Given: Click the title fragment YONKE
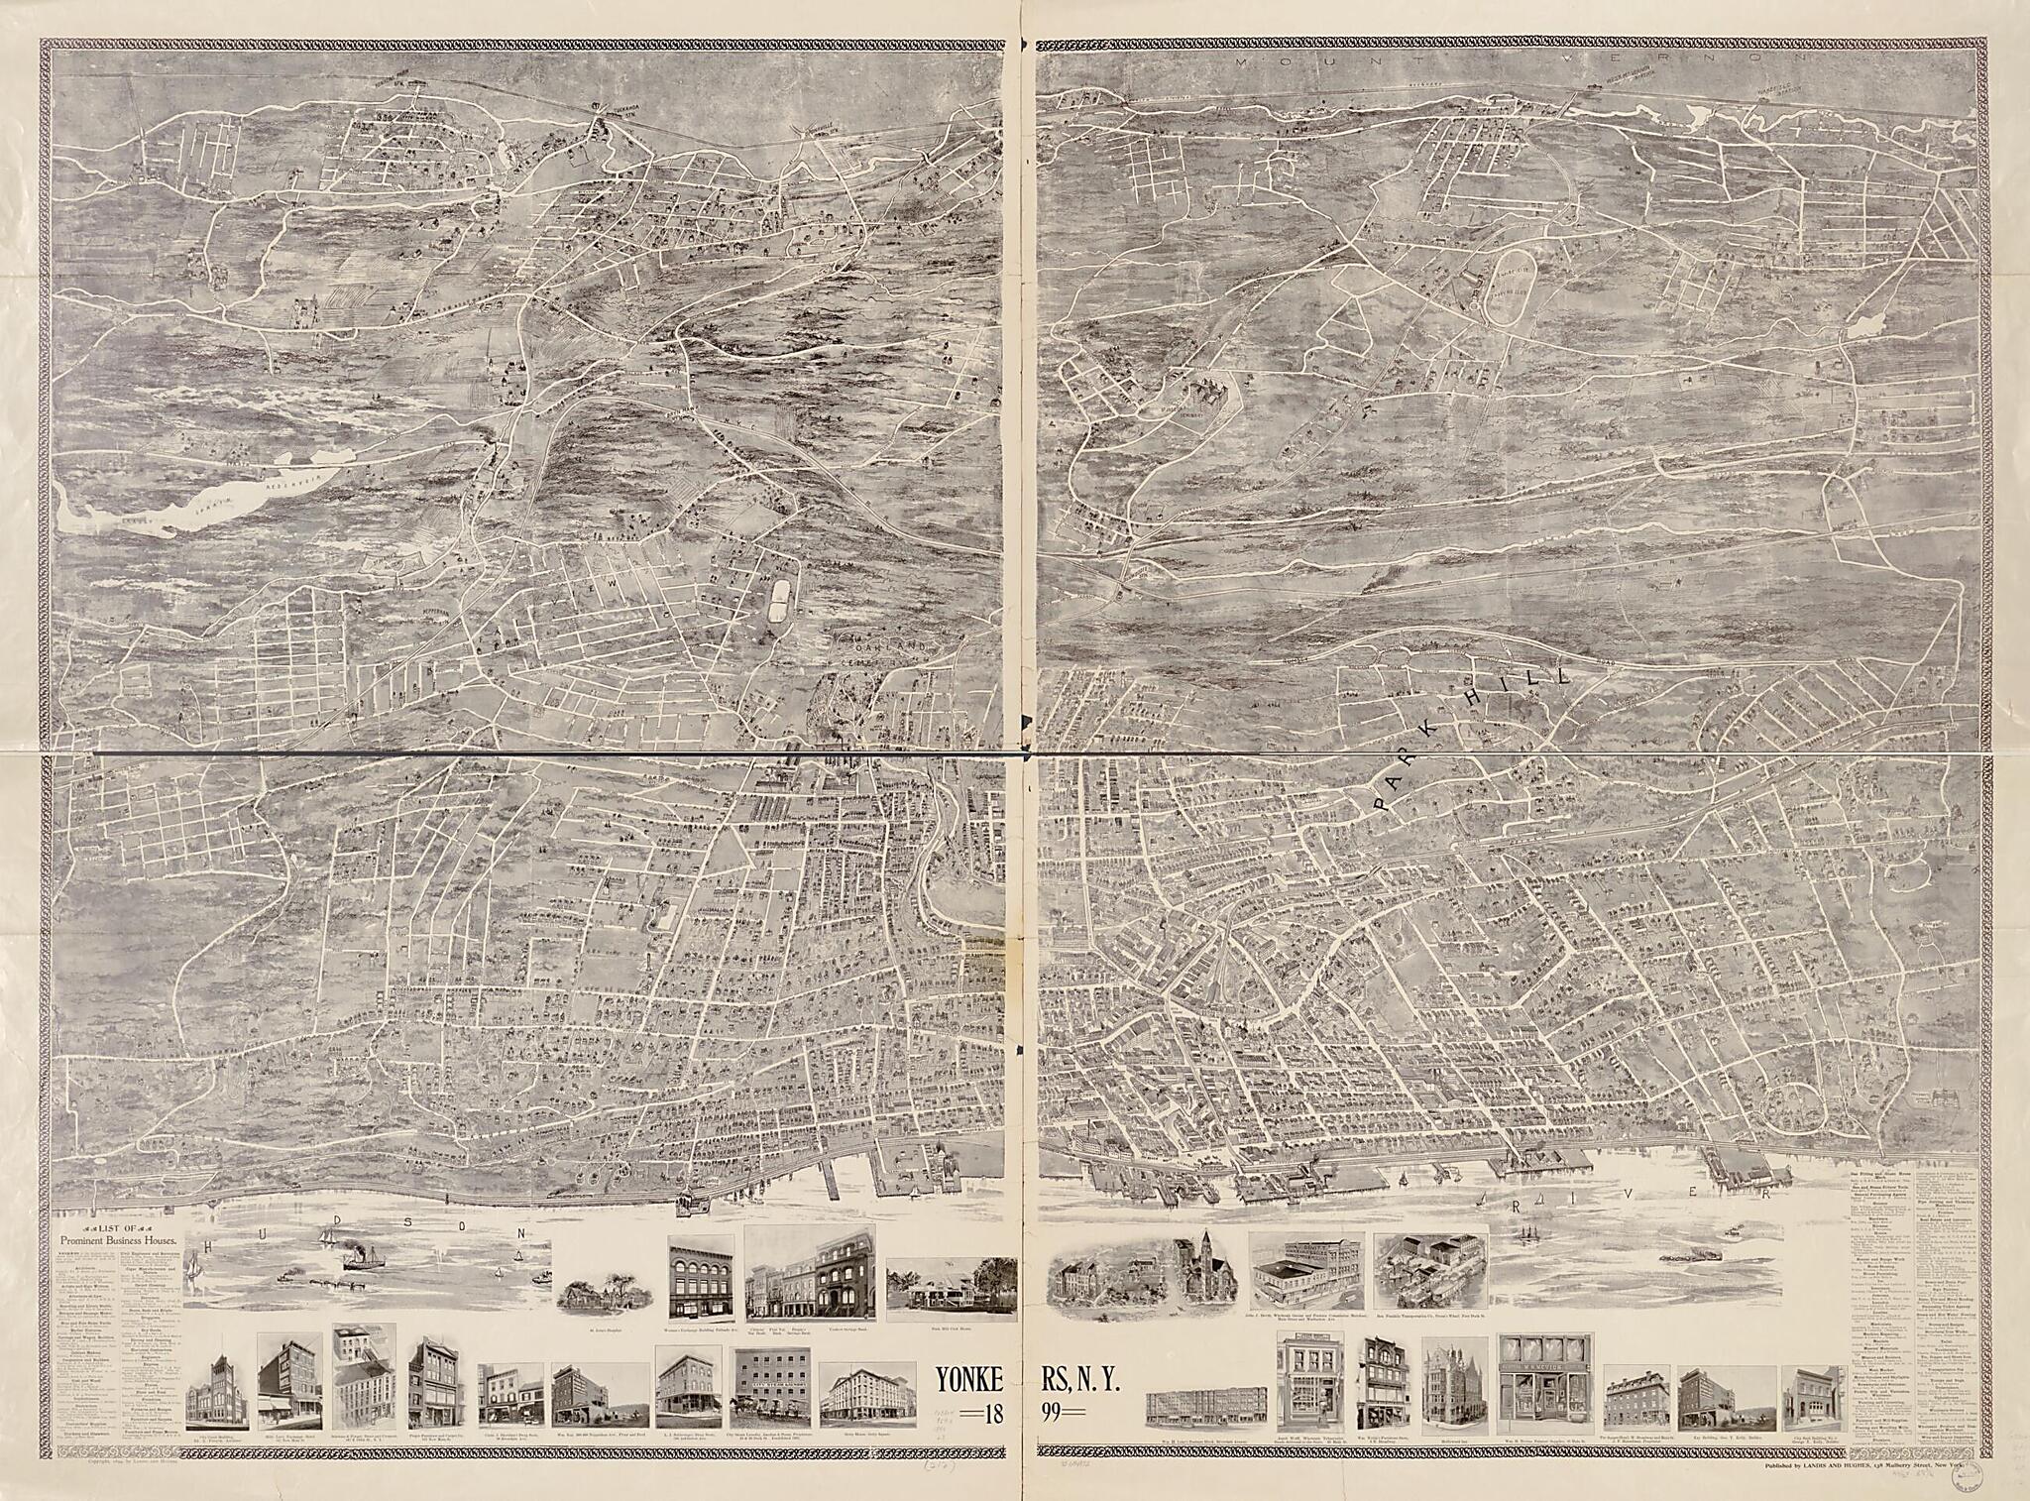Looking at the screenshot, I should coord(975,1379).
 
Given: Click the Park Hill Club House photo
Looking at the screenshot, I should coord(952,1289).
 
